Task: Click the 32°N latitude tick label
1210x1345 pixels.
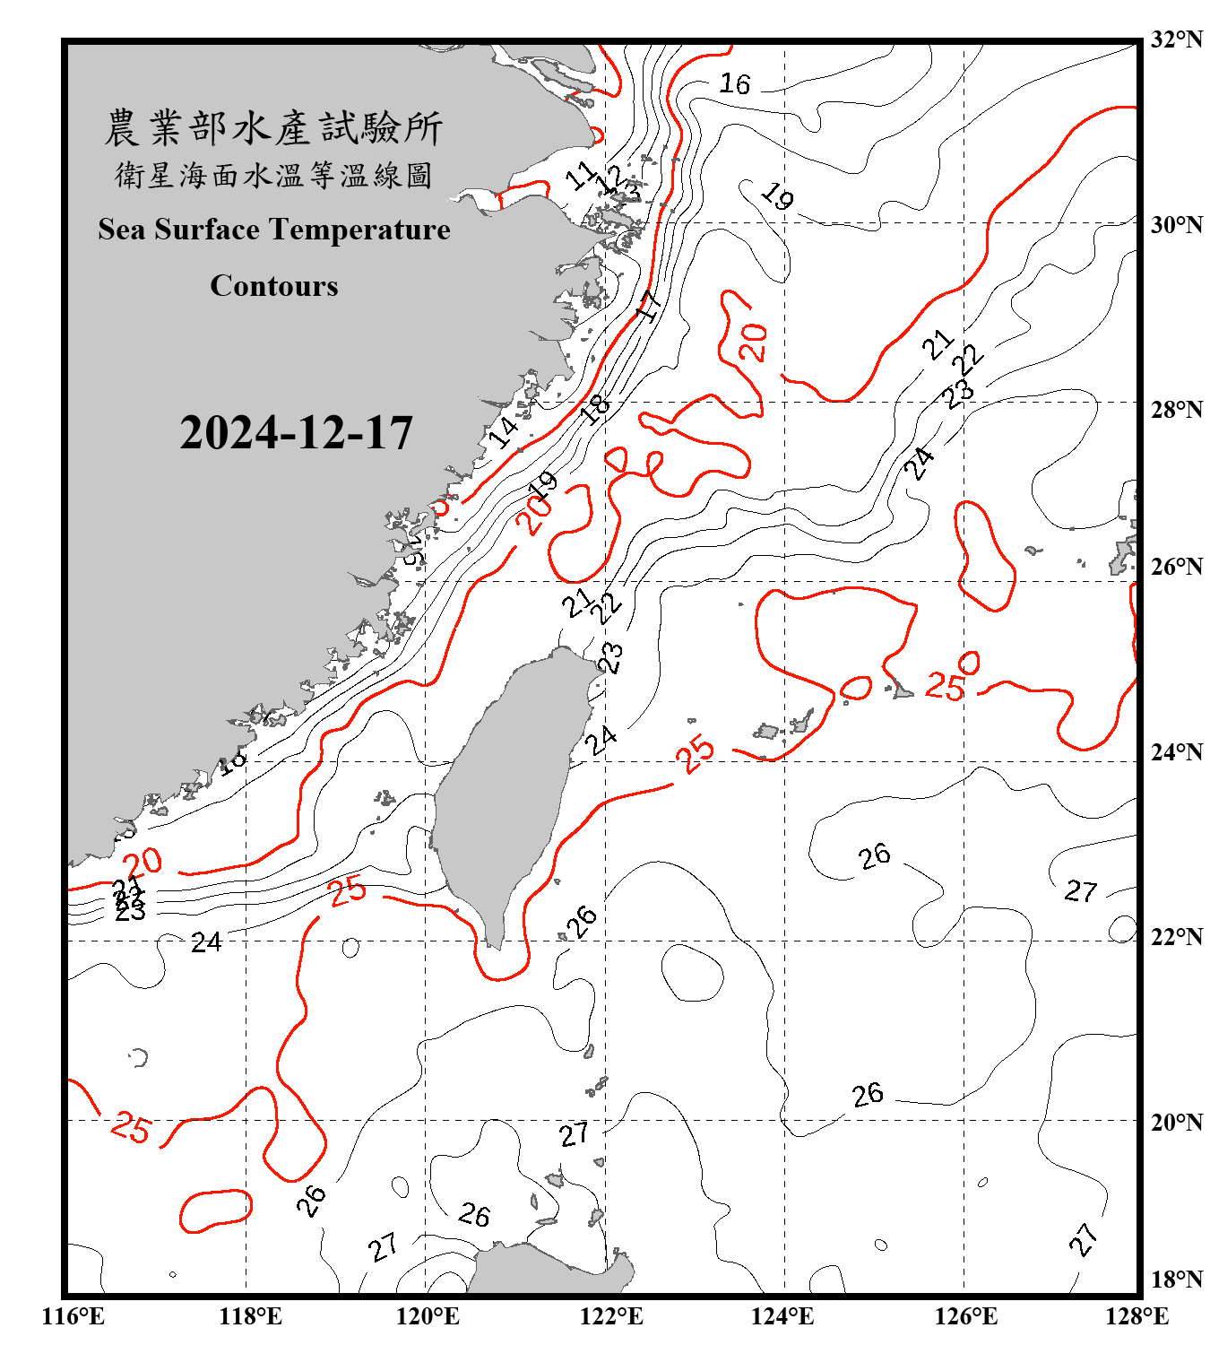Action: click(x=1176, y=39)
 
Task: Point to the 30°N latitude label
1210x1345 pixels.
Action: click(x=1176, y=224)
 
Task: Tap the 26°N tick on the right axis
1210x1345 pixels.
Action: click(x=1176, y=567)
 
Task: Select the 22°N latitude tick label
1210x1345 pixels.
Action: click(x=1176, y=937)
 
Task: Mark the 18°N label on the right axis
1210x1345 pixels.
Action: click(x=1176, y=1280)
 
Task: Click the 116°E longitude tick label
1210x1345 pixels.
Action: click(x=73, y=1316)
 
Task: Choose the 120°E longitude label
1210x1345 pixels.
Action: click(x=428, y=1316)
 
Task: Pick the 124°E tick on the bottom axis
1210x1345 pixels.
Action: click(x=782, y=1316)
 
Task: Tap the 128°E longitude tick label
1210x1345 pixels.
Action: click(x=1137, y=1316)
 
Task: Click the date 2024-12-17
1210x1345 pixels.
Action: click(x=296, y=433)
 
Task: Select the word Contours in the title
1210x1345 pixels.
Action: click(x=274, y=286)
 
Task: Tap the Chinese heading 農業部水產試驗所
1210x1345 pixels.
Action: click(x=273, y=128)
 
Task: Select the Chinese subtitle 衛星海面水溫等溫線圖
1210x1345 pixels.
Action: click(x=273, y=175)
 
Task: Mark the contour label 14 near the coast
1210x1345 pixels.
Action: click(x=503, y=431)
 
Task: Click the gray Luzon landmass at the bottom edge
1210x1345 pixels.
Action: click(x=547, y=1269)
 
